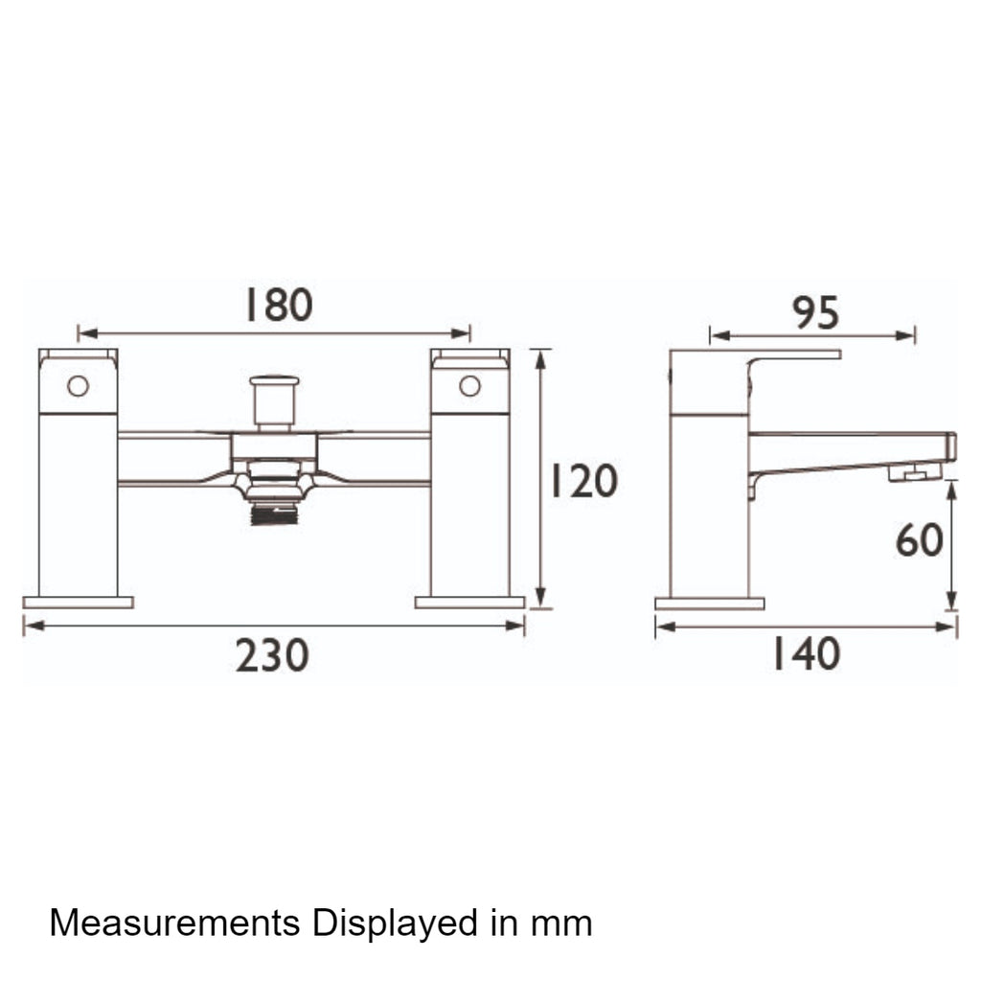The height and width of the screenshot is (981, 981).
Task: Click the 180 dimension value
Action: point(279,305)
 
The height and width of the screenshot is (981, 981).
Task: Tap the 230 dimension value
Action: point(272,655)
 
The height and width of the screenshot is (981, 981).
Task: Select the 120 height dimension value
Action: point(584,481)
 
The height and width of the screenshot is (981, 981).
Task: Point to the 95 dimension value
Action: point(816,312)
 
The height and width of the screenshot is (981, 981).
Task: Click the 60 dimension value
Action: point(919,540)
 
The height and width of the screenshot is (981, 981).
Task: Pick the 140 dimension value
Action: point(807,653)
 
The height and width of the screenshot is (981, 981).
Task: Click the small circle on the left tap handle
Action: point(79,386)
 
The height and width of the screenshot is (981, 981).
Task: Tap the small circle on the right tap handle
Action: point(469,386)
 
